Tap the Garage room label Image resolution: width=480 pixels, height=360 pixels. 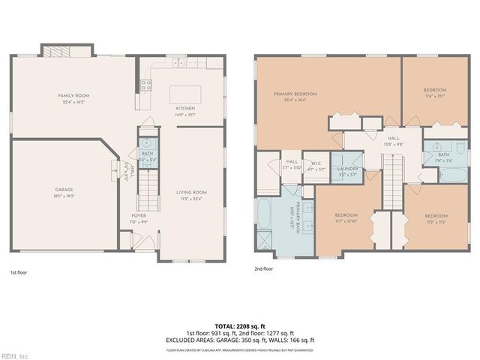[63, 190]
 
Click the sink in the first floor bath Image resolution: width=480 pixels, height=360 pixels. [147, 142]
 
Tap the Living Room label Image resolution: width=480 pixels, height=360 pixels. [191, 193]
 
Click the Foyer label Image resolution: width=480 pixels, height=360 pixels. [139, 216]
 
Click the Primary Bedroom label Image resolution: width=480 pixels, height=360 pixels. [295, 94]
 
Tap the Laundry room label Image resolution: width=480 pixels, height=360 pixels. [348, 169]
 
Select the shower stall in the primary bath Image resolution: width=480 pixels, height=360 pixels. [265, 241]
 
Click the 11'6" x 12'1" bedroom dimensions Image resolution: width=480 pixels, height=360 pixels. [435, 96]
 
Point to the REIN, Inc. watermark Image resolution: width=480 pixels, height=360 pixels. [15, 355]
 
